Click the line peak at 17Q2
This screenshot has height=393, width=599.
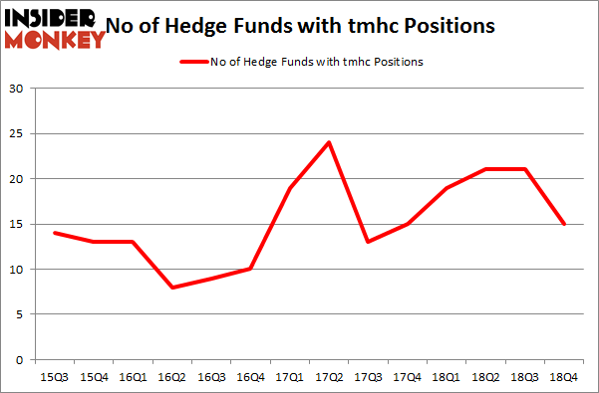[328, 142]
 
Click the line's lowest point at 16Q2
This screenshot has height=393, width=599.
[171, 288]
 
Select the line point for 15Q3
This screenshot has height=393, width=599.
[54, 233]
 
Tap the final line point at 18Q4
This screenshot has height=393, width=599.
[563, 224]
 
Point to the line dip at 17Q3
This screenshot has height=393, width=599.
[368, 242]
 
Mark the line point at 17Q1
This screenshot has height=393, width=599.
[289, 188]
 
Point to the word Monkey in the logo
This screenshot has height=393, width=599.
[56, 39]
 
